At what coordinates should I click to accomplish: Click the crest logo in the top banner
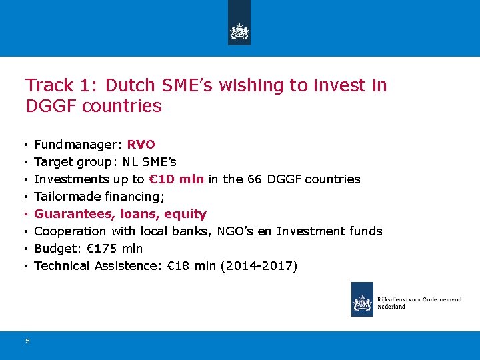click(x=239, y=31)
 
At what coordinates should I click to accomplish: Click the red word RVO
click(x=141, y=144)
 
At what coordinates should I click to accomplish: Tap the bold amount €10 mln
click(x=177, y=179)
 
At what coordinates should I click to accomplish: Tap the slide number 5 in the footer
click(x=27, y=341)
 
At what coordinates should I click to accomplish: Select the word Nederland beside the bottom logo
click(x=391, y=307)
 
